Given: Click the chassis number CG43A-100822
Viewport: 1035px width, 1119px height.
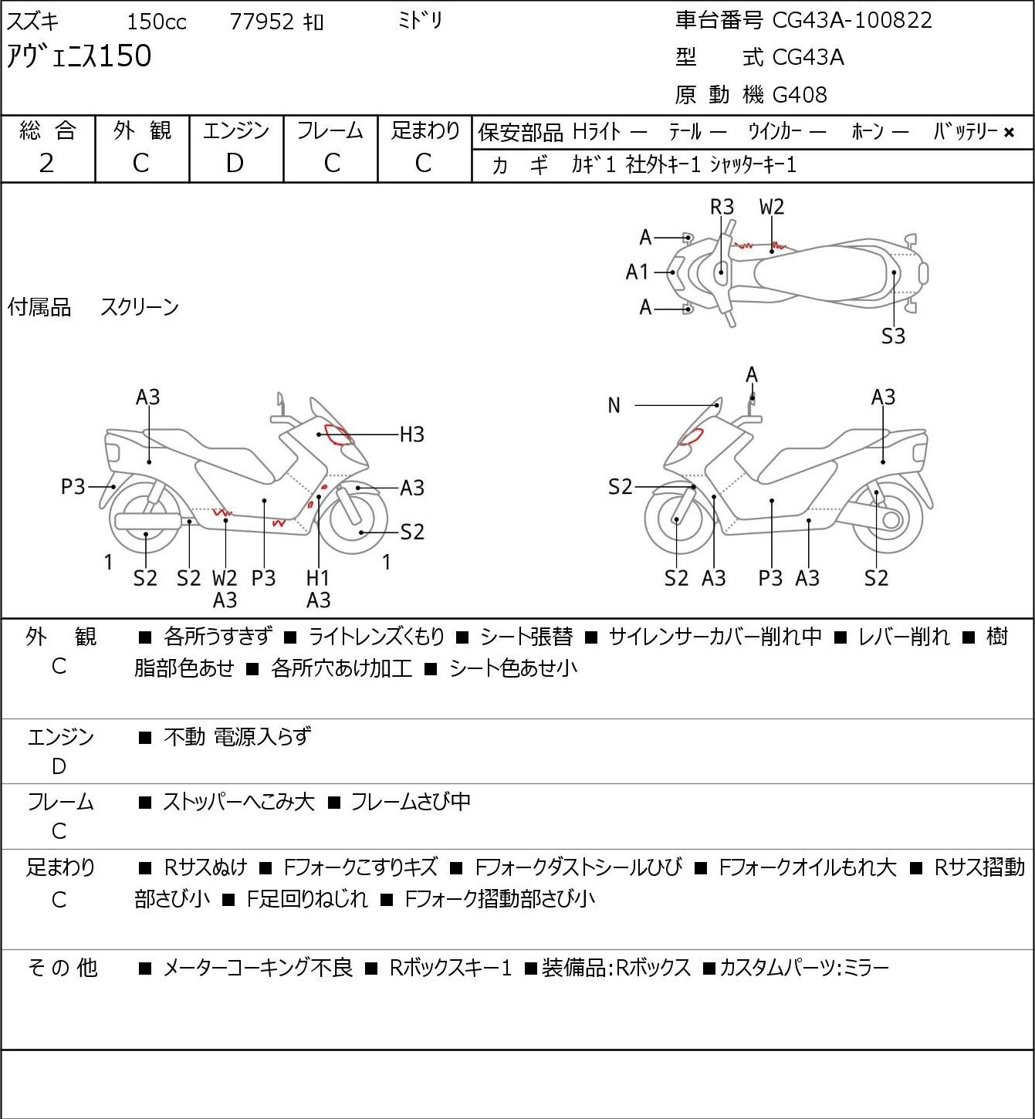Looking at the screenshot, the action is pos(852,20).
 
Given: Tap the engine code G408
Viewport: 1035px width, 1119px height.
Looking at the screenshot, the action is pos(800,95).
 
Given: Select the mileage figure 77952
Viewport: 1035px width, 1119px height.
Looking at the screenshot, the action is pos(262,22).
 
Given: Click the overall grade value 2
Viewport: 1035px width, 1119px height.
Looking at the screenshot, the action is pos(46,164).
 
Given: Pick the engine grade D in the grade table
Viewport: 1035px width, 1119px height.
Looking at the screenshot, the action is pos(235,164).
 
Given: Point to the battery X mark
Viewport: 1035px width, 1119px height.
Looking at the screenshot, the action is pos(1009,133).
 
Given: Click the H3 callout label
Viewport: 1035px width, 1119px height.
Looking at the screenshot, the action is pos(411,434).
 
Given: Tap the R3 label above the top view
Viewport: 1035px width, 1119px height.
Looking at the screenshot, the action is pos(722,207).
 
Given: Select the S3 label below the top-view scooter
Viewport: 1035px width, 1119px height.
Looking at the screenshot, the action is pos(893,336).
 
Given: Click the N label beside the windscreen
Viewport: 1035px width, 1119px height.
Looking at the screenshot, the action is pos(614,405).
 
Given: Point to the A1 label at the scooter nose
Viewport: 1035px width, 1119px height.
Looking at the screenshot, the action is pos(638,272).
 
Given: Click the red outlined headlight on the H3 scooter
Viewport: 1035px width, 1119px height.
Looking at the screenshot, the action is pos(338,434).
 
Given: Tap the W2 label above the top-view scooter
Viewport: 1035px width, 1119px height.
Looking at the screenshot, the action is pos(772,207).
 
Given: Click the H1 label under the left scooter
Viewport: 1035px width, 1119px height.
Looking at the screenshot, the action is pos(317,577).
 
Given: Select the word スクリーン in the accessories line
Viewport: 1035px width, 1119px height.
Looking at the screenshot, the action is pos(139,307).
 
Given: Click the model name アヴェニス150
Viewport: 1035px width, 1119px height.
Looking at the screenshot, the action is pos(79,56).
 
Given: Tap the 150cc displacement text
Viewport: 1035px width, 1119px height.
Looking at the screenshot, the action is pos(156,22).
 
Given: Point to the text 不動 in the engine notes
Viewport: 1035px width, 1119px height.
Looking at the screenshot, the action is pos(184,736).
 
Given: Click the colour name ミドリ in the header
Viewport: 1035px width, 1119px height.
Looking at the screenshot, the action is pos(420,21).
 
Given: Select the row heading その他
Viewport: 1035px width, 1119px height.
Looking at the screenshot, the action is pos(63,968).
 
